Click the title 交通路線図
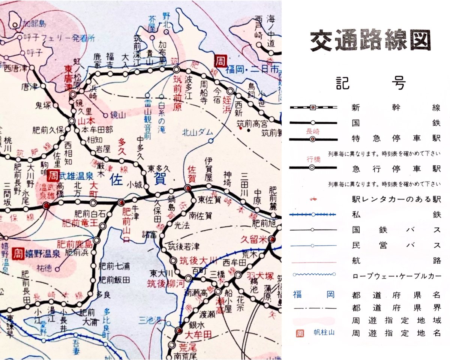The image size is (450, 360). tap(370, 40)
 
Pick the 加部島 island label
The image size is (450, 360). tap(33, 24)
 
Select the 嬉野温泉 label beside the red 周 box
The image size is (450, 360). tap(43, 254)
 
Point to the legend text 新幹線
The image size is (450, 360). tap(396, 108)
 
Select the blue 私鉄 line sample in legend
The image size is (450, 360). tap(313, 214)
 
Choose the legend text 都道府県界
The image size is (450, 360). tap(396, 308)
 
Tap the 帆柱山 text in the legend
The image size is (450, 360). tap(321, 333)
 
